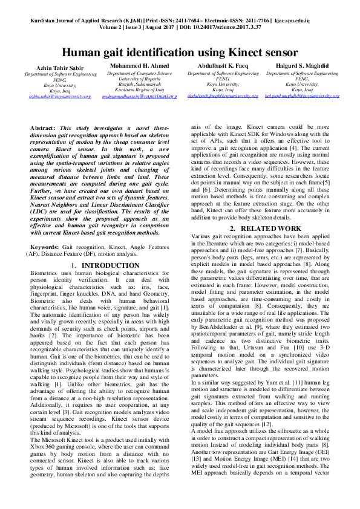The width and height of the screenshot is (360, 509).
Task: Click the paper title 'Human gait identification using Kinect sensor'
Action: click(180, 53)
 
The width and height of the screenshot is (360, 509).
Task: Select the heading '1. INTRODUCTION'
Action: click(97, 265)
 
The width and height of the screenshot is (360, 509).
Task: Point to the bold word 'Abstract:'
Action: click(43, 128)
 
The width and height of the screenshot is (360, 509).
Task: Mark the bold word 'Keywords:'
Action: click(45, 248)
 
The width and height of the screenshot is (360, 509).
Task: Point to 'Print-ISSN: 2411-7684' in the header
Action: click(172, 20)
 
